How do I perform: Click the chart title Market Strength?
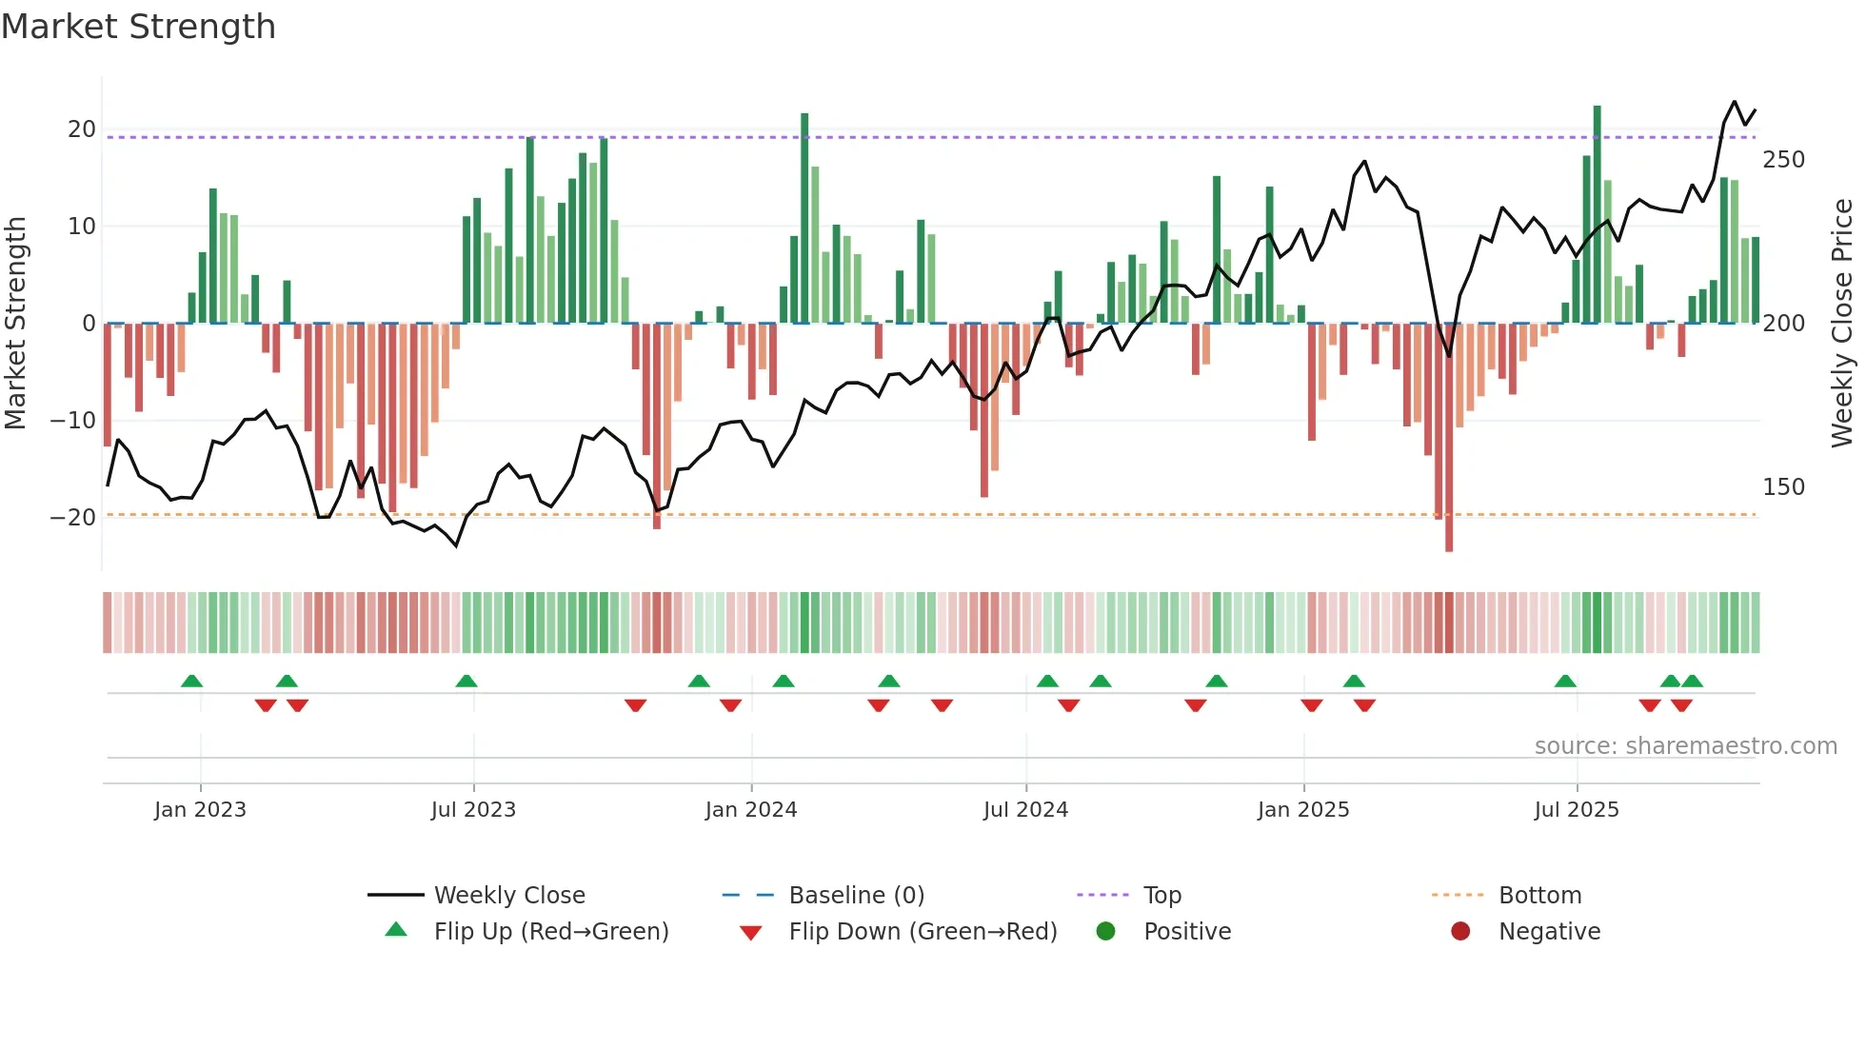[x=138, y=27]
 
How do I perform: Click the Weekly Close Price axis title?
[x=1842, y=323]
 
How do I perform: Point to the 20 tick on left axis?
[x=82, y=129]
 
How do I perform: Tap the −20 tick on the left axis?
[x=73, y=518]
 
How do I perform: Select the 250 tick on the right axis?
[x=1783, y=160]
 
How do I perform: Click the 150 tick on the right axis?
[x=1783, y=487]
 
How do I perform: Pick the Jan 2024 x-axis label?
[x=751, y=810]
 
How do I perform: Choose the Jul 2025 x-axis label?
[x=1577, y=810]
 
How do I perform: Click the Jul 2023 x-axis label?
[x=473, y=810]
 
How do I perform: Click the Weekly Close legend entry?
[x=509, y=896]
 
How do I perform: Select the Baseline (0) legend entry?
[x=856, y=896]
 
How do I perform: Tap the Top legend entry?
[x=1161, y=896]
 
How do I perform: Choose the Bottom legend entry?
[x=1539, y=896]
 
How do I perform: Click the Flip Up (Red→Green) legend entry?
[x=551, y=932]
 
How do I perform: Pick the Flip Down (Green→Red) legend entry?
[x=923, y=932]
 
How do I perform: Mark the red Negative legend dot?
[x=1460, y=932]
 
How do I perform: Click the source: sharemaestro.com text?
[x=1685, y=746]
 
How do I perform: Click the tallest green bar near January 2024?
[x=804, y=219]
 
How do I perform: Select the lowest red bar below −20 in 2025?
[x=1449, y=438]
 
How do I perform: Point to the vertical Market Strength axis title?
[x=16, y=323]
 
